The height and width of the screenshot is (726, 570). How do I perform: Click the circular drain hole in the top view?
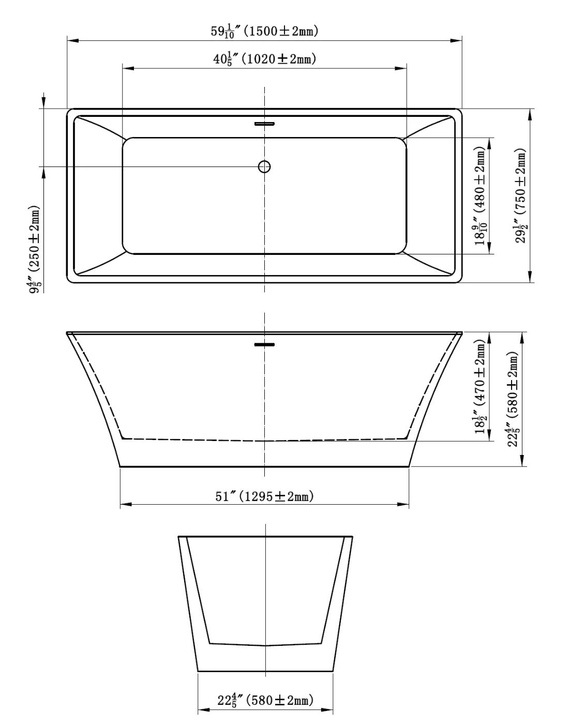(264, 167)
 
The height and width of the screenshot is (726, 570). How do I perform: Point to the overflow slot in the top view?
(264, 124)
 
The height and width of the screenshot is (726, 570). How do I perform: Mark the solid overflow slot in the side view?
(264, 344)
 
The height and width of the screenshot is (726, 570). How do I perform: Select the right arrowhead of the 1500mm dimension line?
(456, 40)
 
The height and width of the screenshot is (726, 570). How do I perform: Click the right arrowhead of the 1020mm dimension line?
(402, 68)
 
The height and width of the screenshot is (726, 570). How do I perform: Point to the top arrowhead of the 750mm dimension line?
(531, 114)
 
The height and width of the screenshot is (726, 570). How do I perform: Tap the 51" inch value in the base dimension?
(226, 496)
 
